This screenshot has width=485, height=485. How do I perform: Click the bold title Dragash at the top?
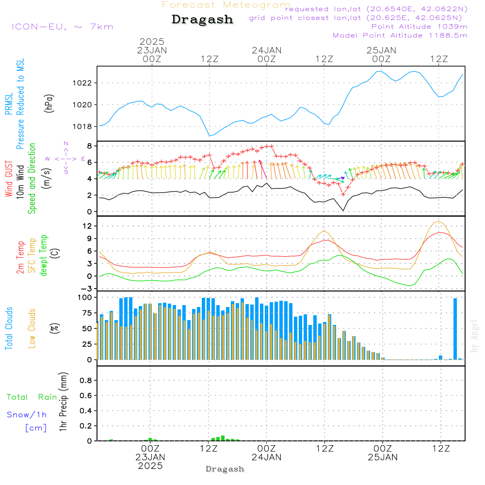(x=202, y=19)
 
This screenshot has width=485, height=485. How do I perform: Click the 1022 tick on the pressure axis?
(x=82, y=83)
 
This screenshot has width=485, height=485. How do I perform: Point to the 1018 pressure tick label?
(x=82, y=127)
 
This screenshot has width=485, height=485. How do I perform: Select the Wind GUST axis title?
(x=9, y=178)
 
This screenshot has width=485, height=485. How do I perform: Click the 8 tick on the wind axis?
(x=90, y=146)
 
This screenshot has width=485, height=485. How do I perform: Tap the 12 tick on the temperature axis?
(x=87, y=226)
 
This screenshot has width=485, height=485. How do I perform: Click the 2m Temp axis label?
(x=20, y=258)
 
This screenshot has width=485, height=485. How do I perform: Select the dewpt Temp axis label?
(x=43, y=255)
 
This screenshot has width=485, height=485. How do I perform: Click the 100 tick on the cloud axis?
(x=85, y=297)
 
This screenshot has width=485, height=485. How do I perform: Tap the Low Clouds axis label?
(x=32, y=328)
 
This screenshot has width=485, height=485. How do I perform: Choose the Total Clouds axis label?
(x=9, y=328)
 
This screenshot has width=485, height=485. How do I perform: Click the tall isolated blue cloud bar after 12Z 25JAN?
(x=455, y=329)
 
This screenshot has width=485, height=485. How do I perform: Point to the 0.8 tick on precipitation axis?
(x=86, y=380)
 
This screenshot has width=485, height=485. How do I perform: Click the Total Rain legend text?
(x=32, y=397)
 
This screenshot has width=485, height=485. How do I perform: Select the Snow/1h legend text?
(x=27, y=415)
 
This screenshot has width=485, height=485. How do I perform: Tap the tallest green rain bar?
(x=223, y=438)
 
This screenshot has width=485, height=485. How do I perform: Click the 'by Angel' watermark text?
(x=474, y=336)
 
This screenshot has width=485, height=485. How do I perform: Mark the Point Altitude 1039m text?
(x=419, y=27)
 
